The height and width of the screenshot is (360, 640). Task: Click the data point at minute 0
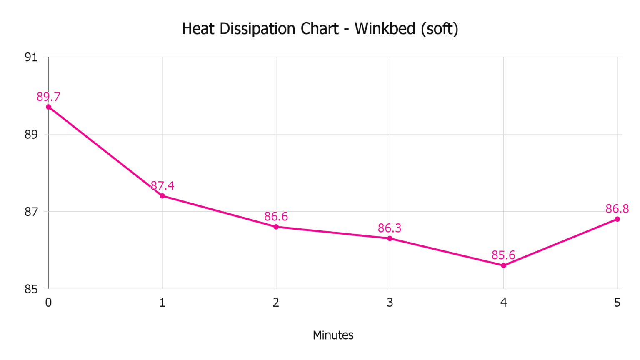click(49, 107)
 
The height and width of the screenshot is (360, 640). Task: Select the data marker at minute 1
click(162, 196)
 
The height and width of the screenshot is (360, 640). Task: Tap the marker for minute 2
click(276, 227)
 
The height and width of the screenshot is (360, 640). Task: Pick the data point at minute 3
click(390, 238)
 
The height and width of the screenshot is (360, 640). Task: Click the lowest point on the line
click(504, 265)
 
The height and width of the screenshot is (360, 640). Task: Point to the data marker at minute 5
click(617, 219)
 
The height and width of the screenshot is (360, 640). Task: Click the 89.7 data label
click(48, 97)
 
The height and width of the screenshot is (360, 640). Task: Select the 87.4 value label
click(162, 185)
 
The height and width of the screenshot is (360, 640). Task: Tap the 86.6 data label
click(276, 216)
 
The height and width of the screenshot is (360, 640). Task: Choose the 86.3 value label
click(390, 228)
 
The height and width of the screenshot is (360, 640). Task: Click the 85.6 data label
click(503, 255)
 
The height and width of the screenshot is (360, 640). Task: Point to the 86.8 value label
click(617, 208)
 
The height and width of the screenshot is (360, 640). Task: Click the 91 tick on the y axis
click(31, 57)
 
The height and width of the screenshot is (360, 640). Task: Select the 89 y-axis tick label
click(31, 135)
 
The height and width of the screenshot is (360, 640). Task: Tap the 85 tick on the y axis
click(31, 289)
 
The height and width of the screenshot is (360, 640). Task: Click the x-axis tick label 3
click(390, 302)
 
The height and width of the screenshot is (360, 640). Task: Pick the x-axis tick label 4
click(504, 302)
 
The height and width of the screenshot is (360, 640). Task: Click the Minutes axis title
click(333, 335)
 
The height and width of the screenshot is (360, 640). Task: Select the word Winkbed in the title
click(385, 29)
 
